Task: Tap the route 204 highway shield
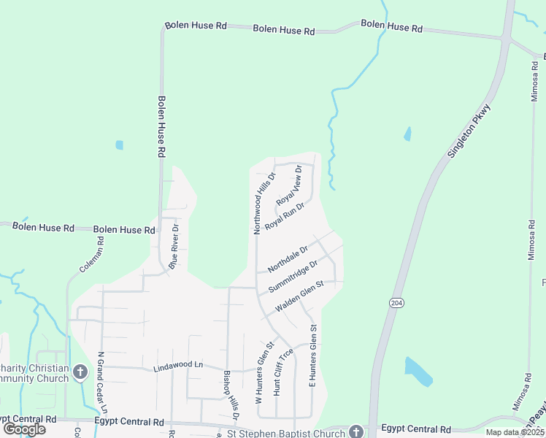tap(396, 303)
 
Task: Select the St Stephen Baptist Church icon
tap(356, 431)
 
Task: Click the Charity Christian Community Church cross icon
tap(80, 372)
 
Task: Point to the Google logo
tap(24, 429)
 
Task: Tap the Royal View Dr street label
tap(290, 187)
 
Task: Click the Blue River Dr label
tap(174, 247)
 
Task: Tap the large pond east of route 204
tap(418, 371)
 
